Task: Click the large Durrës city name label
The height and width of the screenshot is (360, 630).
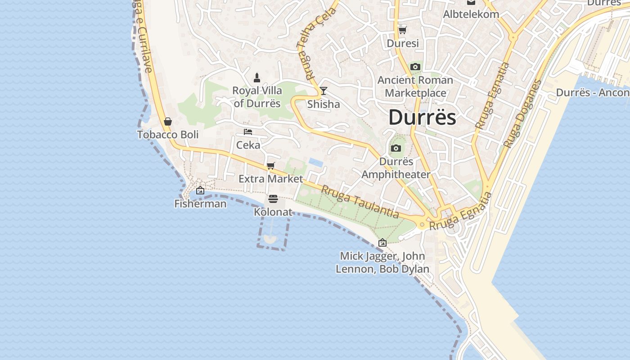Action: (x=422, y=117)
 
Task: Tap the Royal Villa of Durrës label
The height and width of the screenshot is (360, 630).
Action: (x=257, y=97)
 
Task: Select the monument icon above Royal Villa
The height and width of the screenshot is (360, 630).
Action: (x=257, y=77)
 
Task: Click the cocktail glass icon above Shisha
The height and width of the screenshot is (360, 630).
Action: (x=323, y=91)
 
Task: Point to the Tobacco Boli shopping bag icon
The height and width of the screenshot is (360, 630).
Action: (x=168, y=121)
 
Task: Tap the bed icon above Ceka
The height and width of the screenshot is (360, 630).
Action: (x=248, y=132)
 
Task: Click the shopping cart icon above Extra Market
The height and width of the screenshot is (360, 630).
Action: (x=270, y=166)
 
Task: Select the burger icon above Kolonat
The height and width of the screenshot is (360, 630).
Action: (x=273, y=199)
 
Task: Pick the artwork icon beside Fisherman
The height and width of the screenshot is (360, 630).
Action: (x=200, y=191)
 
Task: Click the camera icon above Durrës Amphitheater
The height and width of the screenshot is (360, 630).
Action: (x=396, y=148)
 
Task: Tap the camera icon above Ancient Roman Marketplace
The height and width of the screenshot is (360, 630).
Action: (x=415, y=67)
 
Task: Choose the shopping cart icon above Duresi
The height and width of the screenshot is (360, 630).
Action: (x=402, y=30)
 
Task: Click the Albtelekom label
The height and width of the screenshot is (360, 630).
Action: (x=471, y=14)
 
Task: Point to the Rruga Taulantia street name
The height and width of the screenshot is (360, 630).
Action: (x=360, y=202)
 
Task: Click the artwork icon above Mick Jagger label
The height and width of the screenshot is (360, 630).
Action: (x=382, y=243)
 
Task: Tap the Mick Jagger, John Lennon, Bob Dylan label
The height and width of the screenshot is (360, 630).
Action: (x=382, y=263)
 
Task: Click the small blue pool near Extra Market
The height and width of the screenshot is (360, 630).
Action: (x=316, y=162)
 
